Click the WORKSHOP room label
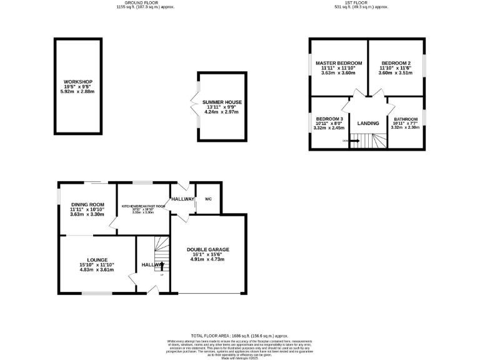point(78,82)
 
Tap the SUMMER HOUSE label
point(226,102)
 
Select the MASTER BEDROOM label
point(338,63)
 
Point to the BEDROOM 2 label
point(396,63)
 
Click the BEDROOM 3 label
point(329,119)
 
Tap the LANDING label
point(368,123)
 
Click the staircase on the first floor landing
point(364,143)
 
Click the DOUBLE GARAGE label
point(208,249)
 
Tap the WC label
point(209,199)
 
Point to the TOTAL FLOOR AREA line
point(239,335)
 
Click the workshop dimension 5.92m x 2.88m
point(78,92)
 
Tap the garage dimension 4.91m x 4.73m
point(208,259)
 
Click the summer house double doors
point(196,103)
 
